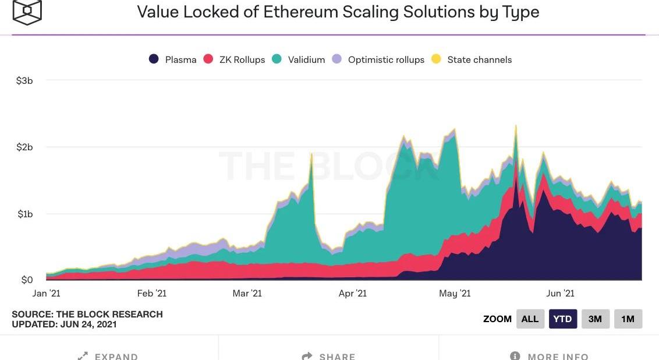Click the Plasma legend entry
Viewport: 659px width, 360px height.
click(173, 59)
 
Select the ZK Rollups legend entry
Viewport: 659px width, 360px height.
click(234, 59)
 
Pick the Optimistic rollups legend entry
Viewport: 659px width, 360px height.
click(378, 59)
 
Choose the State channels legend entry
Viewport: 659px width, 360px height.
click(472, 59)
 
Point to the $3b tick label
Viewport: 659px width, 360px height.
click(24, 80)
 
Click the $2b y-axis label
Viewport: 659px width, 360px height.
click(24, 147)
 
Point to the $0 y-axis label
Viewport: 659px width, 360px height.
click(27, 280)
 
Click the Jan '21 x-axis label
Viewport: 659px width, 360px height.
click(46, 293)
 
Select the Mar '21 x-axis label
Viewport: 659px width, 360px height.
click(247, 293)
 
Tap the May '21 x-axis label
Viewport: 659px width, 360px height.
click(456, 293)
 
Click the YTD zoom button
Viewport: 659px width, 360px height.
click(563, 319)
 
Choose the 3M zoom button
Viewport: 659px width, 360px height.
click(595, 319)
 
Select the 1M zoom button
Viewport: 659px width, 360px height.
click(628, 319)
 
